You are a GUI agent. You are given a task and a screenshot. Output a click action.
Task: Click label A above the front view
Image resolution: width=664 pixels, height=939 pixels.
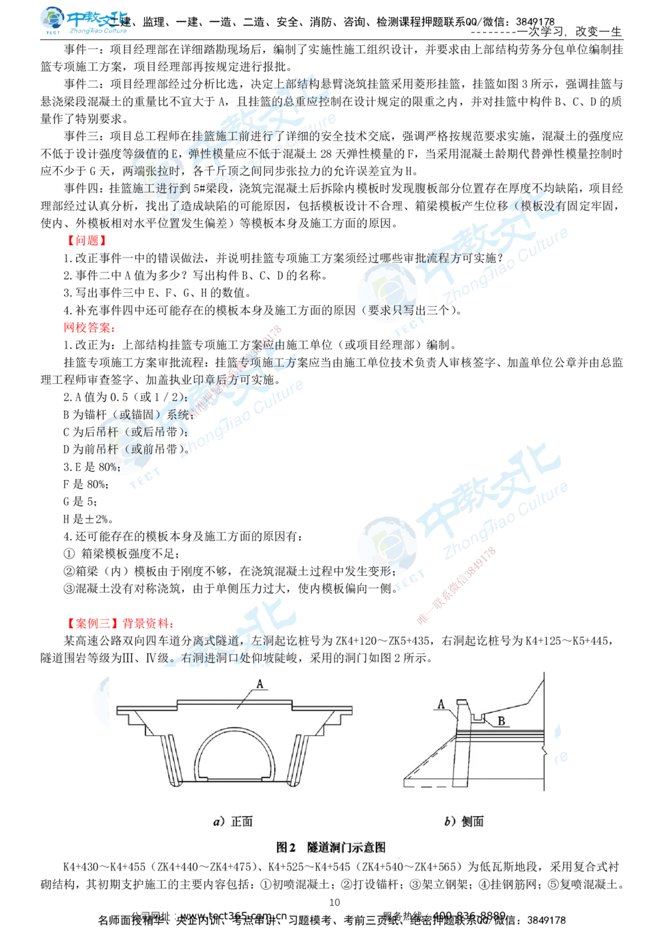coord(260,683)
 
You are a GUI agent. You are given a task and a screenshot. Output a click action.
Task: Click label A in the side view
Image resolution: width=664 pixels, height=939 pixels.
coord(441,704)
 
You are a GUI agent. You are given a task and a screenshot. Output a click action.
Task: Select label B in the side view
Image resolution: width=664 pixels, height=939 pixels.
coord(503,721)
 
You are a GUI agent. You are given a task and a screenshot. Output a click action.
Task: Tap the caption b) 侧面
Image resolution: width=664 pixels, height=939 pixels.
coord(464,821)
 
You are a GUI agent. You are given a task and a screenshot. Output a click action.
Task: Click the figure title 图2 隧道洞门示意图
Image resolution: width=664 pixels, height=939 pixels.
coord(331,847)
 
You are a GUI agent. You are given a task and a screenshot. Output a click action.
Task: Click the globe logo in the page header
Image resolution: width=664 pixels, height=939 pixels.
coord(52,21)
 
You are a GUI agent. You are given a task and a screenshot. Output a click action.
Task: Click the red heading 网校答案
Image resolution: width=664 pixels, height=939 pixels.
coord(90,327)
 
